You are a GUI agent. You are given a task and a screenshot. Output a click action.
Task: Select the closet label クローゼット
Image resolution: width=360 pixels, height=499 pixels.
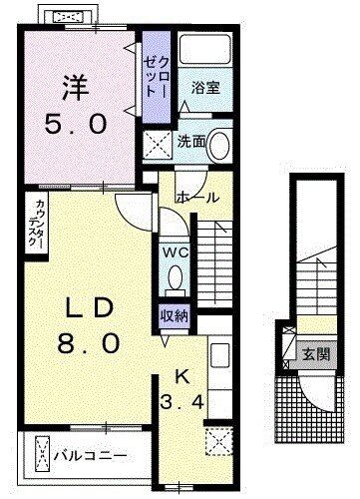(155, 75)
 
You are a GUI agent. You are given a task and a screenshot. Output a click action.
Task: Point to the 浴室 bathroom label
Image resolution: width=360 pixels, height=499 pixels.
(207, 88)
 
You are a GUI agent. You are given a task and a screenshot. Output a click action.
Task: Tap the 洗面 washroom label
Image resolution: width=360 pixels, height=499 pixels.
(192, 143)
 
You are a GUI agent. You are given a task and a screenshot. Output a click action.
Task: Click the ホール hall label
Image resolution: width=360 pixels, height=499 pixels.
(199, 198)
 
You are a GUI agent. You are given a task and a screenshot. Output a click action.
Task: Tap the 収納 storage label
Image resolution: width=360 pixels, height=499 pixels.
(175, 315)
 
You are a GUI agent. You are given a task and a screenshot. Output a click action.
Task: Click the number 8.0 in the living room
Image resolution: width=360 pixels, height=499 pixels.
(90, 343)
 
